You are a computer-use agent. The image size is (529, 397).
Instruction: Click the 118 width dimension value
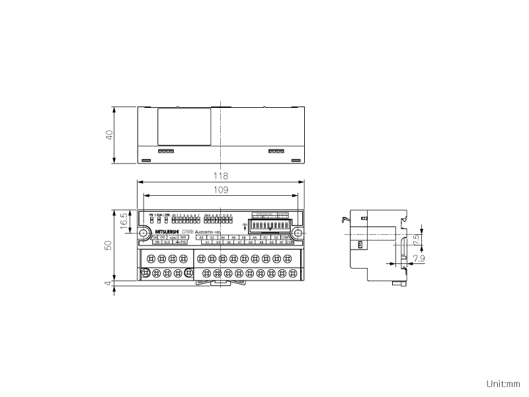click(220, 176)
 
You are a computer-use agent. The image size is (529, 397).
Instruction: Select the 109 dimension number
click(220, 190)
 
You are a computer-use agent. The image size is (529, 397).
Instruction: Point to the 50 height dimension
click(110, 245)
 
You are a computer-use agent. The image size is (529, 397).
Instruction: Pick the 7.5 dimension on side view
click(416, 238)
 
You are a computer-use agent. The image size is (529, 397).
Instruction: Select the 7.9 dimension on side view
click(416, 259)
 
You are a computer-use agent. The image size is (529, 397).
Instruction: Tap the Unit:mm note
click(503, 383)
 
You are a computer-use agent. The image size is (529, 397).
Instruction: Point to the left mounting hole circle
click(143, 233)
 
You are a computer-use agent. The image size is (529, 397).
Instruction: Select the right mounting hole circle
click(298, 233)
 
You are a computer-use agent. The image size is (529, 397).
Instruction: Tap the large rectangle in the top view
click(184, 126)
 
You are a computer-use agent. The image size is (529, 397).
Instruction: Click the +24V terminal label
click(173, 237)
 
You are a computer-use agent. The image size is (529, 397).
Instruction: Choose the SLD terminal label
click(167, 242)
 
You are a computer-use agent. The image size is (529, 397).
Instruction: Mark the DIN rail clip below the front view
click(220, 282)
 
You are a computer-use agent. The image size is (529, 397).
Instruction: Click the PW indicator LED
click(151, 219)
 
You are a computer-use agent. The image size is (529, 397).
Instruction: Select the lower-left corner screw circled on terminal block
click(145, 273)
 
